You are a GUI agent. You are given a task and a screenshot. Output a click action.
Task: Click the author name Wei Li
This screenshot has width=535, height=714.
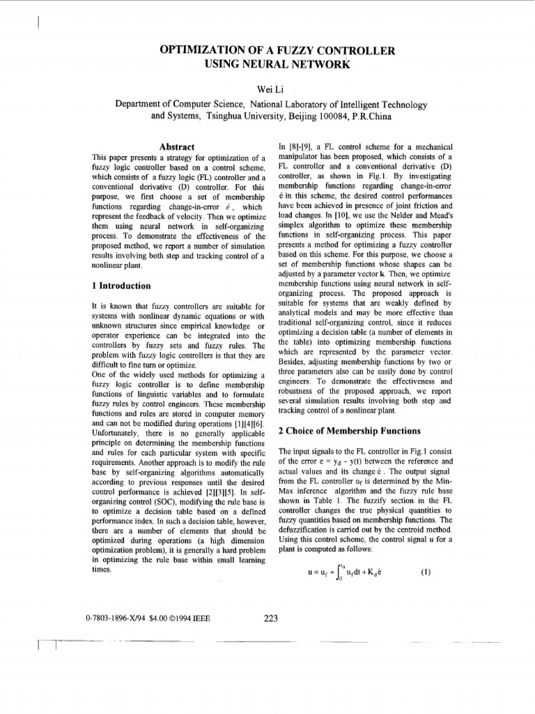point(267,89)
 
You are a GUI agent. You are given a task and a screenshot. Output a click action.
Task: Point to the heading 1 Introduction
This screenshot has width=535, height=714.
point(121,286)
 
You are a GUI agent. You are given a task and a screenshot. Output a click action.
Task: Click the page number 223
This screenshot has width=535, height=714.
point(271,616)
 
